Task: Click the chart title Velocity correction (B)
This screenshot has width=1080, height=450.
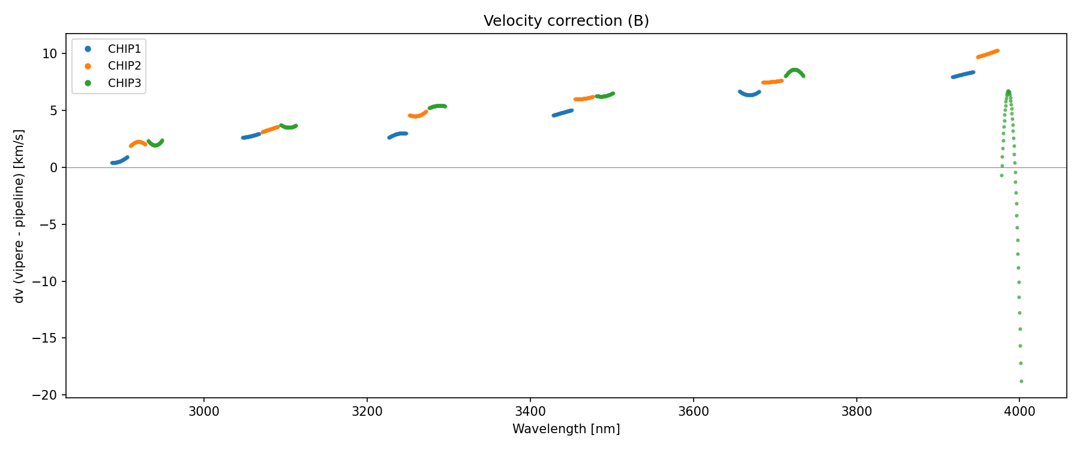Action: pyautogui.click(x=566, y=21)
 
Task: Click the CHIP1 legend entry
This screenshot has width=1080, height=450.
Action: pyautogui.click(x=124, y=49)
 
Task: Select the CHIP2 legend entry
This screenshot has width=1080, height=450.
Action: pyautogui.click(x=124, y=66)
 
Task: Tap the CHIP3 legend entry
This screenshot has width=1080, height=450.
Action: pyautogui.click(x=124, y=83)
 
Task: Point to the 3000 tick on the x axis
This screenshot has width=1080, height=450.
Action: pyautogui.click(x=204, y=412)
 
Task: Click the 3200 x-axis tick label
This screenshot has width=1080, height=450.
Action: pyautogui.click(x=367, y=412)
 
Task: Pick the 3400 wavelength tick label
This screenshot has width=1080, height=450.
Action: pyautogui.click(x=530, y=412)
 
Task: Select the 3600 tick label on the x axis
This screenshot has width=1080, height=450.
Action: pyautogui.click(x=693, y=412)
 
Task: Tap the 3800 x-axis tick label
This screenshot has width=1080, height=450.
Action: pyautogui.click(x=856, y=412)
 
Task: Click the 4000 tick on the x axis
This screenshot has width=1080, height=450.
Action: pyautogui.click(x=1019, y=412)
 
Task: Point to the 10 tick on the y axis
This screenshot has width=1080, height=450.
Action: pyautogui.click(x=50, y=54)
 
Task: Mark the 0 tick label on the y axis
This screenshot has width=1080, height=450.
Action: pyautogui.click(x=54, y=168)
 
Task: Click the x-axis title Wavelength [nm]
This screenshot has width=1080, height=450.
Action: pyautogui.click(x=566, y=429)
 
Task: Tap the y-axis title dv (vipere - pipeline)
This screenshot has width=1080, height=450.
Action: pyautogui.click(x=19, y=216)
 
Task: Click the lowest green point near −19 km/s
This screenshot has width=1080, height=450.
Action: pyautogui.click(x=1021, y=381)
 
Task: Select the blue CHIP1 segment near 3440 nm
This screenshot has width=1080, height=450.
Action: pyautogui.click(x=562, y=113)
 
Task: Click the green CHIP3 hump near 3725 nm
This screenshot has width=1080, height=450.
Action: pyautogui.click(x=794, y=71)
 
